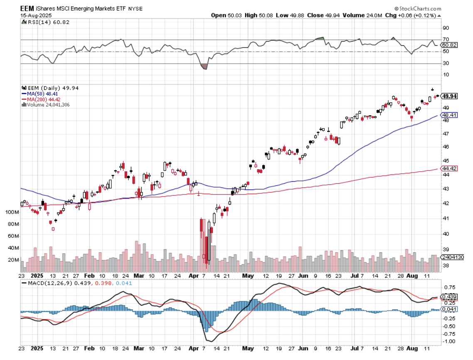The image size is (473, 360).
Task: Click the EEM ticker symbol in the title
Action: coord(27,8)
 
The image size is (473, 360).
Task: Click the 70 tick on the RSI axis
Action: coord(446,39)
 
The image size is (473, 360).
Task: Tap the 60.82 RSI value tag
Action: coord(449,45)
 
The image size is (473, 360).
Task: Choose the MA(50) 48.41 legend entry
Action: coord(43,94)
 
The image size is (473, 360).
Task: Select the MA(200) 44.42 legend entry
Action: coord(44,99)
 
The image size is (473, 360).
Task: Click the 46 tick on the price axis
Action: coord(446,147)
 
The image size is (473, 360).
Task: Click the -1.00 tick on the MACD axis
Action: coord(448,341)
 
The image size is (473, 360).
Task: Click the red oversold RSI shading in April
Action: coord(204,67)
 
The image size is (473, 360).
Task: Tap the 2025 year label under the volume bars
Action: coord(37,276)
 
